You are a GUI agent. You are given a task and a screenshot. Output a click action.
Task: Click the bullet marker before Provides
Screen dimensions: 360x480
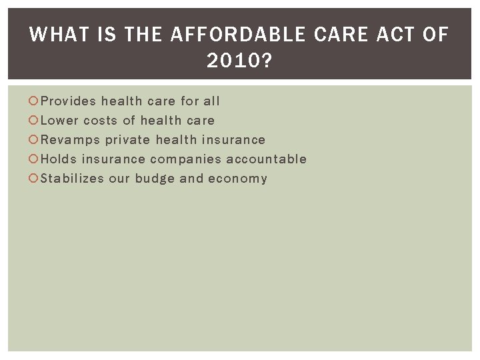click(35, 101)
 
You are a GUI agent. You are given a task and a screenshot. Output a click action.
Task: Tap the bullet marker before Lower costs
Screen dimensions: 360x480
click(35, 121)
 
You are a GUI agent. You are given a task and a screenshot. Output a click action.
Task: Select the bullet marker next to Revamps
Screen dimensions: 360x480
click(35, 140)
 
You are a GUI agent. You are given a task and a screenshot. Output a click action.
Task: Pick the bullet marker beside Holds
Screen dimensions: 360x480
click(35, 159)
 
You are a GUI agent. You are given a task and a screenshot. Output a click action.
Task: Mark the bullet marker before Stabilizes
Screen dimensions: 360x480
click(35, 179)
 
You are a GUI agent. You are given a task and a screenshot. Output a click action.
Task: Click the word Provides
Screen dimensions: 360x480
click(69, 101)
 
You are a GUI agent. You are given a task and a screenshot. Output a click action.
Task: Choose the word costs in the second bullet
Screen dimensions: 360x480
click(101, 121)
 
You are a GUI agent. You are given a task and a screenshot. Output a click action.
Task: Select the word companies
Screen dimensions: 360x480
click(185, 159)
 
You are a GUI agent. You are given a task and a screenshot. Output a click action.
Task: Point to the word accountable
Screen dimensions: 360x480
click(267, 159)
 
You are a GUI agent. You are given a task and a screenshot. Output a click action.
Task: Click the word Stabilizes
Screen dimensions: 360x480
click(71, 179)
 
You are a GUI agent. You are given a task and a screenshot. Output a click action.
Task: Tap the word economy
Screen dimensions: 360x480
click(237, 179)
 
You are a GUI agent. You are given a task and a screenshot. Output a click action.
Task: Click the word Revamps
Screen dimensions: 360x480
click(71, 140)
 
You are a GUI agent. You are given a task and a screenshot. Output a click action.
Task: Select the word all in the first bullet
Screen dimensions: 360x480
click(211, 101)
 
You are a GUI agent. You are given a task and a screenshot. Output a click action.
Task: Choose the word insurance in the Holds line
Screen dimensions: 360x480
click(113, 159)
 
